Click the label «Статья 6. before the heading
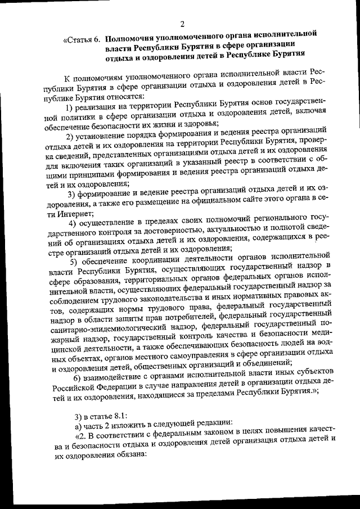pyautogui.click(x=82, y=40)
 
